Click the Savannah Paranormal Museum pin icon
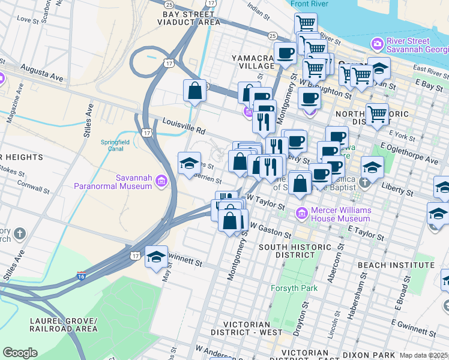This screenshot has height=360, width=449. [161, 181]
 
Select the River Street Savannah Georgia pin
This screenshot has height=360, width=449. [377, 44]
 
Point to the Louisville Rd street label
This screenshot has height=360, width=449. [184, 126]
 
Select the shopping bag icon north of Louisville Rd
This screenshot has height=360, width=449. [195, 91]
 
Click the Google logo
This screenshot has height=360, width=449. [20, 353]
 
